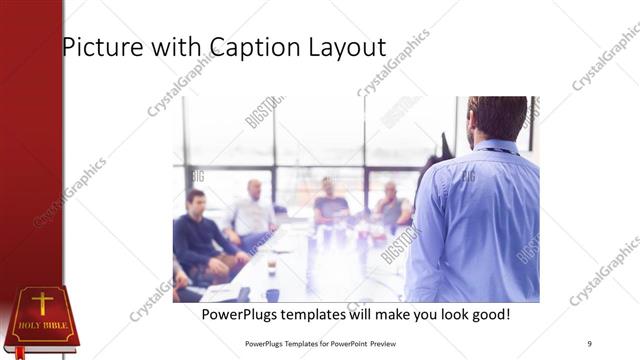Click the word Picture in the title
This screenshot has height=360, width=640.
click(98, 47)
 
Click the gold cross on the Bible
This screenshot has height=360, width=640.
click(41, 303)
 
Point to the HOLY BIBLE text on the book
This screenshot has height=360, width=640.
click(41, 325)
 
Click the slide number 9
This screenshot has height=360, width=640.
click(589, 344)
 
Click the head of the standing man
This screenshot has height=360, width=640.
click(497, 117)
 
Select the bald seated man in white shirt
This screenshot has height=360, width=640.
click(252, 212)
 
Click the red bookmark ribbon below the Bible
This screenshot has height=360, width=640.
click(19, 352)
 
